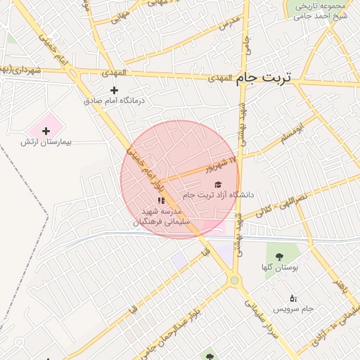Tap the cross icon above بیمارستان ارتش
point(46,130)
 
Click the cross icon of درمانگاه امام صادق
point(114,90)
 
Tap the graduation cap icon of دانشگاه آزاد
point(216,184)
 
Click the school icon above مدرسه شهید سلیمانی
point(161,201)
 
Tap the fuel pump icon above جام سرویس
point(293,298)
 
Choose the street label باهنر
point(340,287)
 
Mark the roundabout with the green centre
point(235,281)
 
